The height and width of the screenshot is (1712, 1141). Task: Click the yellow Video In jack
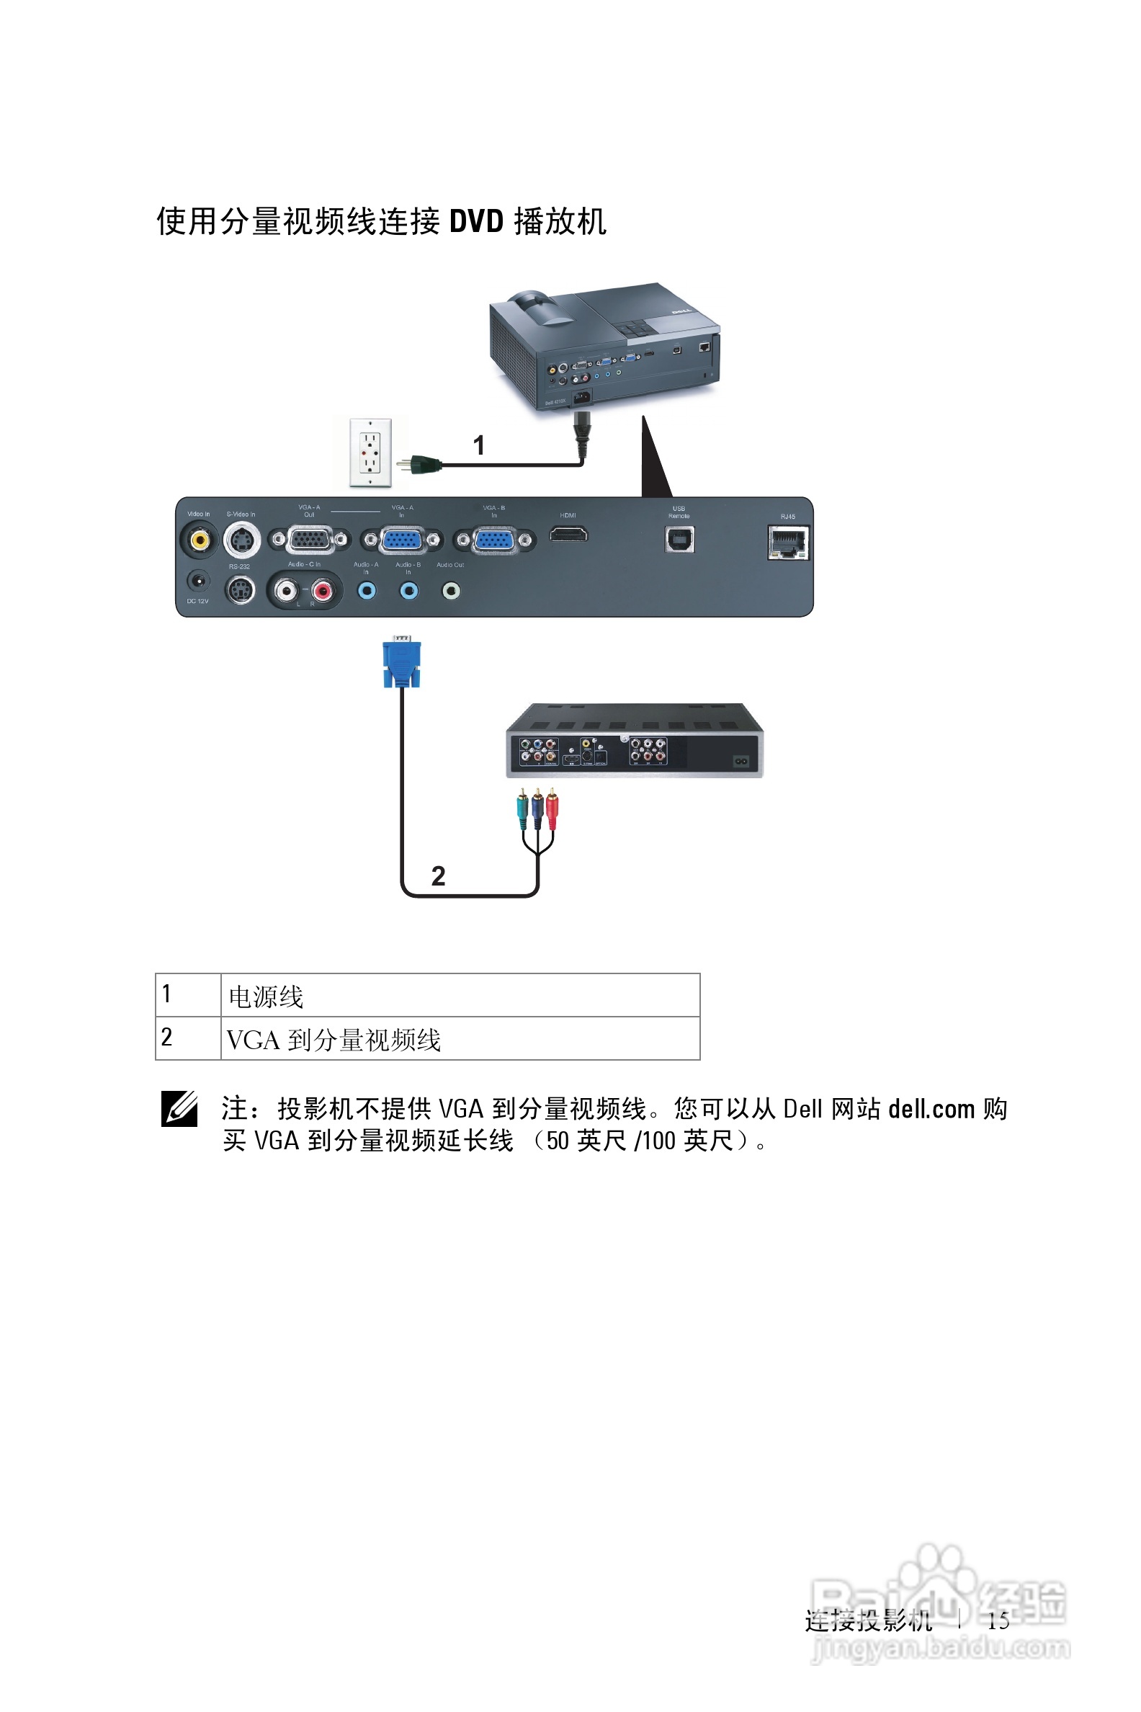click(x=199, y=540)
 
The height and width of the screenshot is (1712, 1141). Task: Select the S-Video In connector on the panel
click(x=241, y=541)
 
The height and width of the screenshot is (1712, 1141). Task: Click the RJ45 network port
click(x=788, y=543)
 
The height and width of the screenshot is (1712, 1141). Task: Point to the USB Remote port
click(x=680, y=540)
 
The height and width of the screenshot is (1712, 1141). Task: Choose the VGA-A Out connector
click(x=310, y=540)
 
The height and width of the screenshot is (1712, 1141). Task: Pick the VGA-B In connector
click(x=494, y=540)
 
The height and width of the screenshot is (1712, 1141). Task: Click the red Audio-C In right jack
click(x=323, y=590)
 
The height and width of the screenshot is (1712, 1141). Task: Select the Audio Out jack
click(x=451, y=590)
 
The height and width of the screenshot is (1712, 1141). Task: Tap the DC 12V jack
click(x=198, y=581)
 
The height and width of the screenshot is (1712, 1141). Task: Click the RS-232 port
click(x=240, y=589)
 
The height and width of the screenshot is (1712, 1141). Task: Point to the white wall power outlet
click(x=370, y=452)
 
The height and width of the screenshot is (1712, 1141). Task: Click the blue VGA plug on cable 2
click(x=402, y=661)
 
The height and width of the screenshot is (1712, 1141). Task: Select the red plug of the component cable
click(x=552, y=808)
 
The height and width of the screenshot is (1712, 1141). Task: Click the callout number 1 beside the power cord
click(x=479, y=445)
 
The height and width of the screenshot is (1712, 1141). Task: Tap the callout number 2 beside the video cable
click(x=438, y=875)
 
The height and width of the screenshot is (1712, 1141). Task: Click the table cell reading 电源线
click(x=267, y=997)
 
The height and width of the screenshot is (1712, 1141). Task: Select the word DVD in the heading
click(x=477, y=221)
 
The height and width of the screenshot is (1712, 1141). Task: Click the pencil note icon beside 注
click(x=179, y=1109)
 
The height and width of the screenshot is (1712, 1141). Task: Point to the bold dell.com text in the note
click(x=931, y=1109)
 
